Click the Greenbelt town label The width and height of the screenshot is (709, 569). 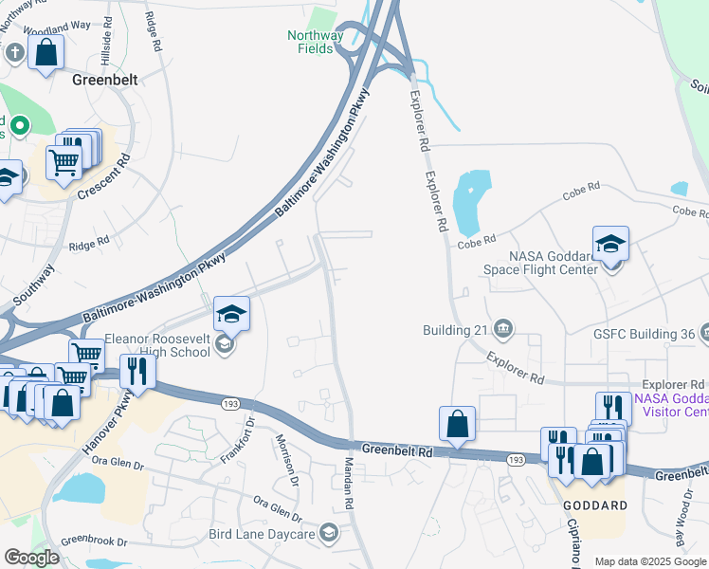coord(105,81)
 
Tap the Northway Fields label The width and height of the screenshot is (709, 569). coord(316,43)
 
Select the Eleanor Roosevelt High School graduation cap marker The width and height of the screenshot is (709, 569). coord(231,314)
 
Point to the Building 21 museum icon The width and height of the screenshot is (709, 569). coord(503,329)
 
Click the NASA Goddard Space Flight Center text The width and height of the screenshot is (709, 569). coord(553,262)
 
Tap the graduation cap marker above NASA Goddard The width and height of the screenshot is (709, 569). coord(610,244)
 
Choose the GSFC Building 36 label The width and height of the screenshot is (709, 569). coord(645,333)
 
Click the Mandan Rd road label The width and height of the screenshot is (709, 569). coord(348,492)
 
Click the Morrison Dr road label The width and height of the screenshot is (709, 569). coord(287,459)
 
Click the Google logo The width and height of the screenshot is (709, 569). coord(31,558)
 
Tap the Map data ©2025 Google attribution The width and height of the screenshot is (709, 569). coord(650,561)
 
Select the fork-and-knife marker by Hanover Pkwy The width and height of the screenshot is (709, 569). coord(140,372)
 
